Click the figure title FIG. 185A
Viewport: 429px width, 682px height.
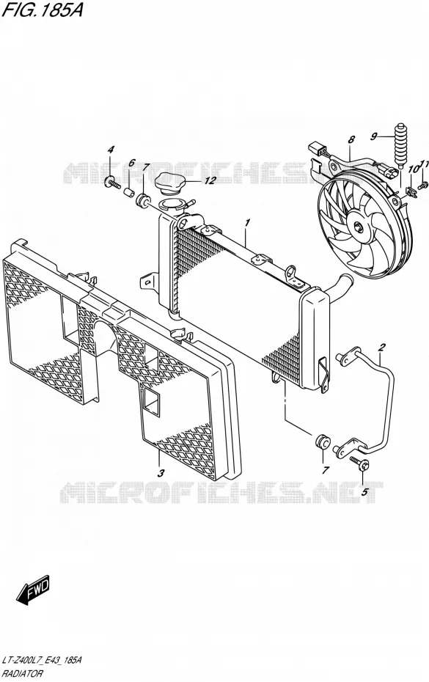pos(42,10)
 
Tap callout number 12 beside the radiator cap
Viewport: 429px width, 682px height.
pos(210,180)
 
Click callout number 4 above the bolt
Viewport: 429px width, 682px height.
pos(111,150)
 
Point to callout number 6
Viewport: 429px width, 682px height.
pos(131,163)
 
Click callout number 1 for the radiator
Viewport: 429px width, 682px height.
pos(247,223)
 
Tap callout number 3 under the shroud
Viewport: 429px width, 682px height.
pos(161,473)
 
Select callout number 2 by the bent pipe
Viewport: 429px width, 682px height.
pos(381,347)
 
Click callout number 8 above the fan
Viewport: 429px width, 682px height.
pos(351,139)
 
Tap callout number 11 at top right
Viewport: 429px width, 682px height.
pos(425,164)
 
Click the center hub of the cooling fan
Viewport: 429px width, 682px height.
pos(358,227)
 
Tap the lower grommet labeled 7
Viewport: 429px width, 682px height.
pos(321,443)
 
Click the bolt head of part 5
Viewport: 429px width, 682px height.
pos(364,464)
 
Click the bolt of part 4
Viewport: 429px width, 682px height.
pos(113,182)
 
